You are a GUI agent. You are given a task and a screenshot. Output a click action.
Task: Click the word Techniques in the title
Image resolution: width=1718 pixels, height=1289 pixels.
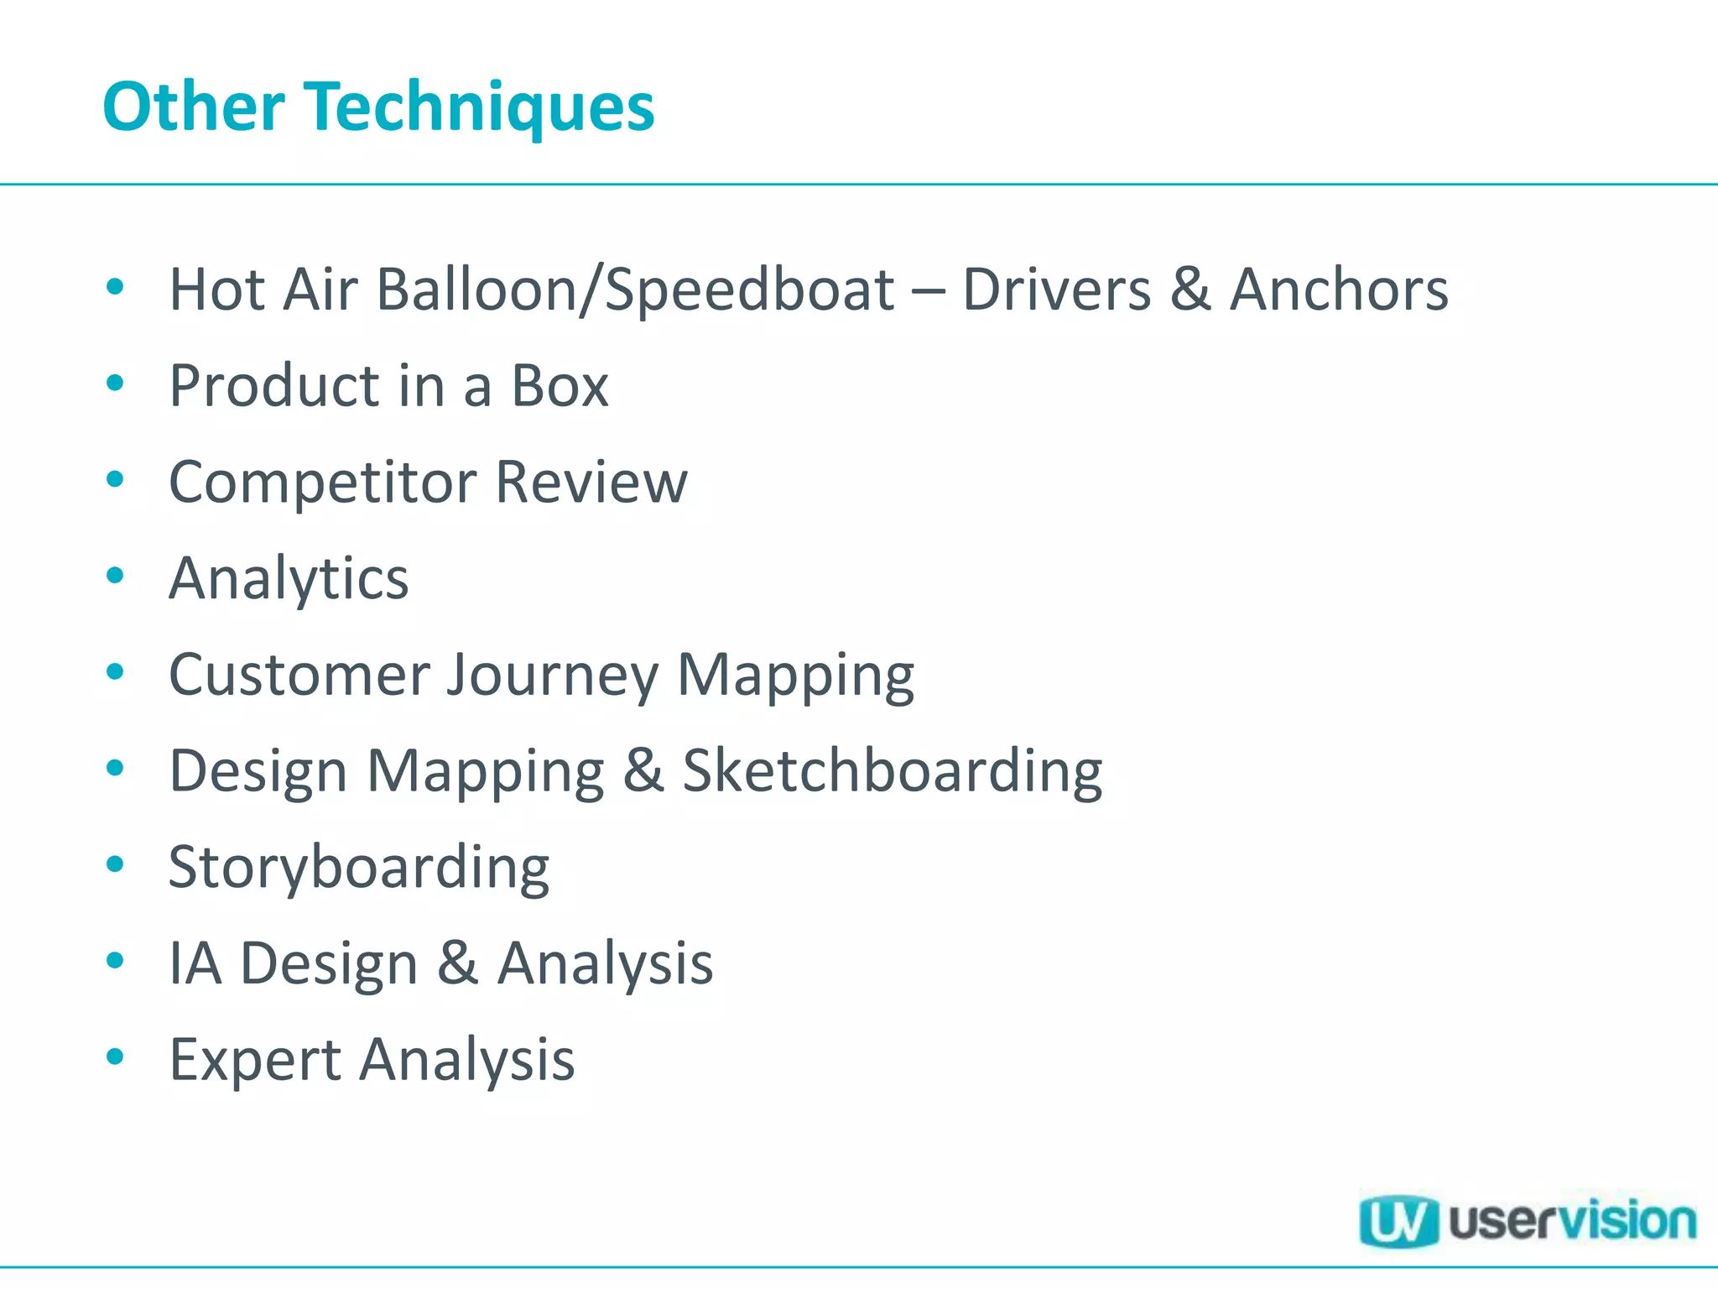(x=482, y=107)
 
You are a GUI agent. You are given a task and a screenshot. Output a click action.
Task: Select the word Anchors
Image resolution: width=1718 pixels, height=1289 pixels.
(x=1339, y=290)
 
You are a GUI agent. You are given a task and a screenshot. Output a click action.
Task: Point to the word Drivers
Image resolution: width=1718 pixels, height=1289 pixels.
(x=1056, y=290)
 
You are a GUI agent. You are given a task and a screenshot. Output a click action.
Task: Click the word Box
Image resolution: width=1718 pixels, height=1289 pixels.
(x=560, y=386)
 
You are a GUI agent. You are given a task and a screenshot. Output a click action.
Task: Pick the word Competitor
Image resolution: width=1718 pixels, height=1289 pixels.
(x=322, y=483)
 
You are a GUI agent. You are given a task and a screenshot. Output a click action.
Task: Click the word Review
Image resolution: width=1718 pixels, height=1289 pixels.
(x=591, y=483)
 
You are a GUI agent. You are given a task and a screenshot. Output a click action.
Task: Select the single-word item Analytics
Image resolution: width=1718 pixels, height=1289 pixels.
(x=289, y=579)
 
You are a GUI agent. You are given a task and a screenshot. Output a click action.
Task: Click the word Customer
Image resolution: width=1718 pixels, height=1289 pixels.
(x=299, y=675)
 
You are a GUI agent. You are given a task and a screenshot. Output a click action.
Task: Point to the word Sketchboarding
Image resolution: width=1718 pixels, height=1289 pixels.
(x=892, y=771)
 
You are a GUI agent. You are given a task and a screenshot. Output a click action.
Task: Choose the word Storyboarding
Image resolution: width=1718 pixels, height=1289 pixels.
(x=359, y=868)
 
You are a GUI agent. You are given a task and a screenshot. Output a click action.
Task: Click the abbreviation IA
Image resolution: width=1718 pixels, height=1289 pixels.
(x=195, y=963)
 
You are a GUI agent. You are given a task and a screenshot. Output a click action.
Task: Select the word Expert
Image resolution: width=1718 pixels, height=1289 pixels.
(x=255, y=1061)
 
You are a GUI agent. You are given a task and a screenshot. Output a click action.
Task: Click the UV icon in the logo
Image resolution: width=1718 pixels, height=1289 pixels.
(x=1397, y=1221)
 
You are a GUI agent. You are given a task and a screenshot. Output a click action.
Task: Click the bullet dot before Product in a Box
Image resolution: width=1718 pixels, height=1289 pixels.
(x=116, y=384)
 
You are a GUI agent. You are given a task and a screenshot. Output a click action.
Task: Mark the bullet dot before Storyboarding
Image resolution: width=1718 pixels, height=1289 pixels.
(x=116, y=864)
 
